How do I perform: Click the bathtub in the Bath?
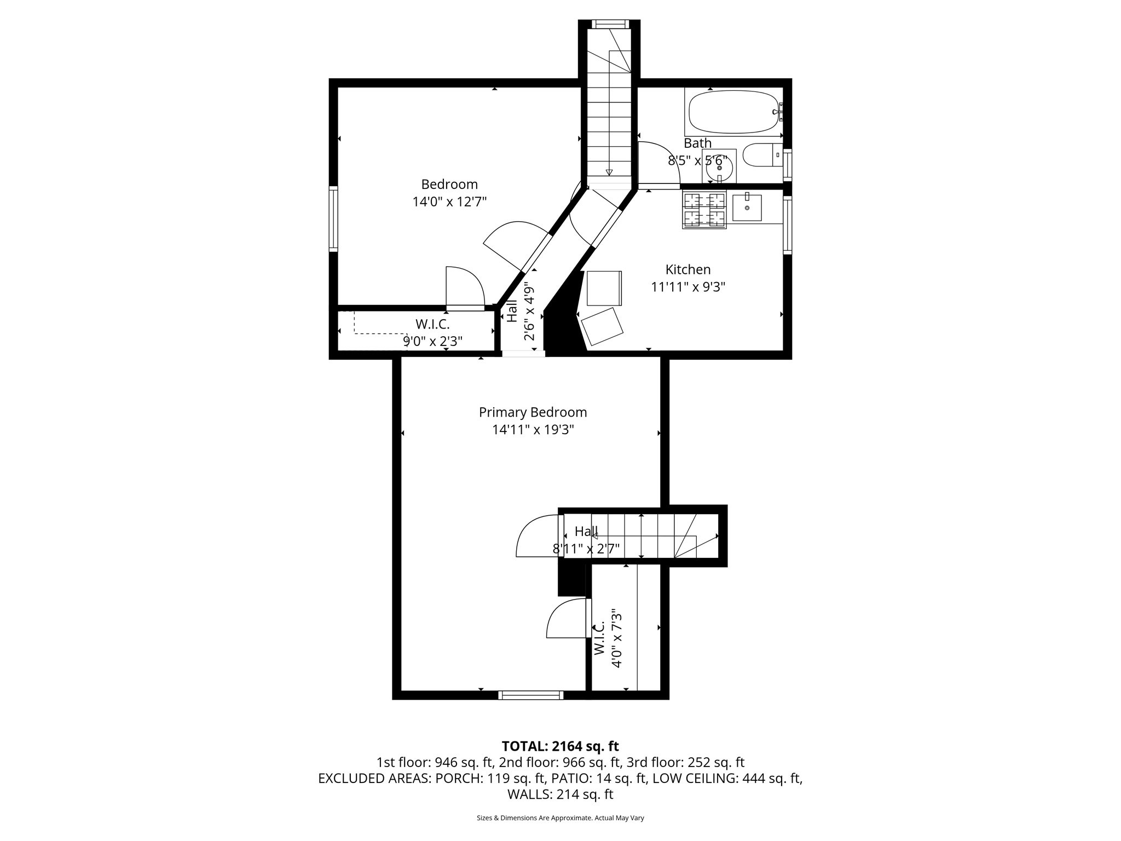tap(732, 112)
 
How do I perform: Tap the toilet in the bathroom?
tap(761, 155)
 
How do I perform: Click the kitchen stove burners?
tap(704, 210)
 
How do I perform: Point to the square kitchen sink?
tap(747, 208)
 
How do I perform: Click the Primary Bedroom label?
tap(533, 412)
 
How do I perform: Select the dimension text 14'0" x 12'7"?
tap(449, 201)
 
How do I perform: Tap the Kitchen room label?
tap(688, 269)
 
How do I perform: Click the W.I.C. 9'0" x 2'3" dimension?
tap(432, 341)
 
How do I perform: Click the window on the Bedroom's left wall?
tap(333, 218)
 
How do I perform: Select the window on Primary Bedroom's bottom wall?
tap(530, 695)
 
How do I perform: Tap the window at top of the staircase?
tap(609, 24)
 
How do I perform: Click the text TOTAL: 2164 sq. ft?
tap(560, 746)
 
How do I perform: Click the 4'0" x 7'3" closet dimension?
tap(617, 638)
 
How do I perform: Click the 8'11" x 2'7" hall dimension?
tap(586, 549)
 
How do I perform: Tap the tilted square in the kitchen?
tap(602, 326)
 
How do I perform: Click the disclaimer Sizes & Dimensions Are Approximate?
tap(560, 818)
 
